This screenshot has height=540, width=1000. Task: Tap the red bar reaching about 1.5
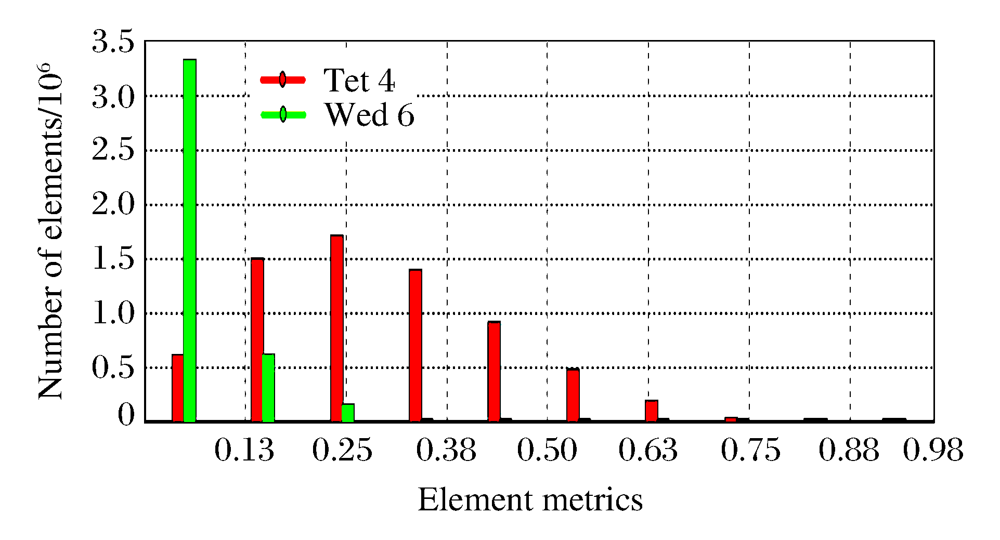coord(257,339)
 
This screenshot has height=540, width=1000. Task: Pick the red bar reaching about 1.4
coord(415,345)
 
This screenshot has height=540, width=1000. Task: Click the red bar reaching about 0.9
coord(494,371)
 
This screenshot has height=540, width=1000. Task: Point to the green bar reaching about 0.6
coord(268,387)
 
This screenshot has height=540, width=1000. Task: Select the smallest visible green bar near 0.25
coord(348,412)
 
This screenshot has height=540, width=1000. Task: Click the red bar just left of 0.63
coord(652,410)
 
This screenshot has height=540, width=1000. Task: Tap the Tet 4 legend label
coord(359,81)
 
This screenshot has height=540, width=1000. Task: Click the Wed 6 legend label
coord(369,114)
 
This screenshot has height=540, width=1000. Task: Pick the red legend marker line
coord(283,80)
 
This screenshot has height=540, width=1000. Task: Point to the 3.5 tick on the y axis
coord(113,42)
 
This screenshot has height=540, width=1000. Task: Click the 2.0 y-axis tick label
coord(113,205)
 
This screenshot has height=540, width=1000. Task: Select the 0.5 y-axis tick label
coord(113,367)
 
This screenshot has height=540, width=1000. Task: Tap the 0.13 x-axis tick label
coord(244,450)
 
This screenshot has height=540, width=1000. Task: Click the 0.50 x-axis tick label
coord(547,450)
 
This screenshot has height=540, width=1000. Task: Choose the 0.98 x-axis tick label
coord(933,450)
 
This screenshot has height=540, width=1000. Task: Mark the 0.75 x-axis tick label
coord(750,450)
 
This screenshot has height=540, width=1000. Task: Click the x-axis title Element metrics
coord(530,500)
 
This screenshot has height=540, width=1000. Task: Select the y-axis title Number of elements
coord(50,231)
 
